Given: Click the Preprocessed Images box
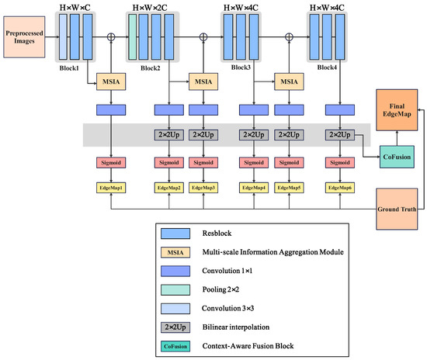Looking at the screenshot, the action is point(24,37).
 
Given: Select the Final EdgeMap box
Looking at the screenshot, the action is point(397,110).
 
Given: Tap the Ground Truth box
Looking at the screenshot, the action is point(397,209).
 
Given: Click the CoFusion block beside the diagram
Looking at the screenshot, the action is point(397,157).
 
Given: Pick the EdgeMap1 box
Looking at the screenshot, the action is point(111,188).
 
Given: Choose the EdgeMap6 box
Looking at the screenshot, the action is point(340,188).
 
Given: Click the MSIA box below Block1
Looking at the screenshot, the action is point(111,81).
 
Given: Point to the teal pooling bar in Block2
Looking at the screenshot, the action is point(132,36).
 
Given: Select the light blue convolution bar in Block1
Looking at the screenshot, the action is point(63,36).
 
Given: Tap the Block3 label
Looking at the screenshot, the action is point(241,67).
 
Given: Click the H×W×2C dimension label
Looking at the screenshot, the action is point(150,8).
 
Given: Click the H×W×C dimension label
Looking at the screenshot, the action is point(75,8).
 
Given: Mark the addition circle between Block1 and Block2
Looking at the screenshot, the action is point(111,37).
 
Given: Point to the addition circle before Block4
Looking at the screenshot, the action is point(289,37).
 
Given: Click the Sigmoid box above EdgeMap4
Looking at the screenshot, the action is point(254,163).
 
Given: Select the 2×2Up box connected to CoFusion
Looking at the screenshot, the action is point(340,135).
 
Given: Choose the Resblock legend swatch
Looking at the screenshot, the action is point(175,234).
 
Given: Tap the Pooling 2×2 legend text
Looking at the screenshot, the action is point(220,289).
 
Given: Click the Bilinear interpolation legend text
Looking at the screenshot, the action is point(236,327).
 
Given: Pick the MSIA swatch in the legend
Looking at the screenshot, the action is point(175,252).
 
